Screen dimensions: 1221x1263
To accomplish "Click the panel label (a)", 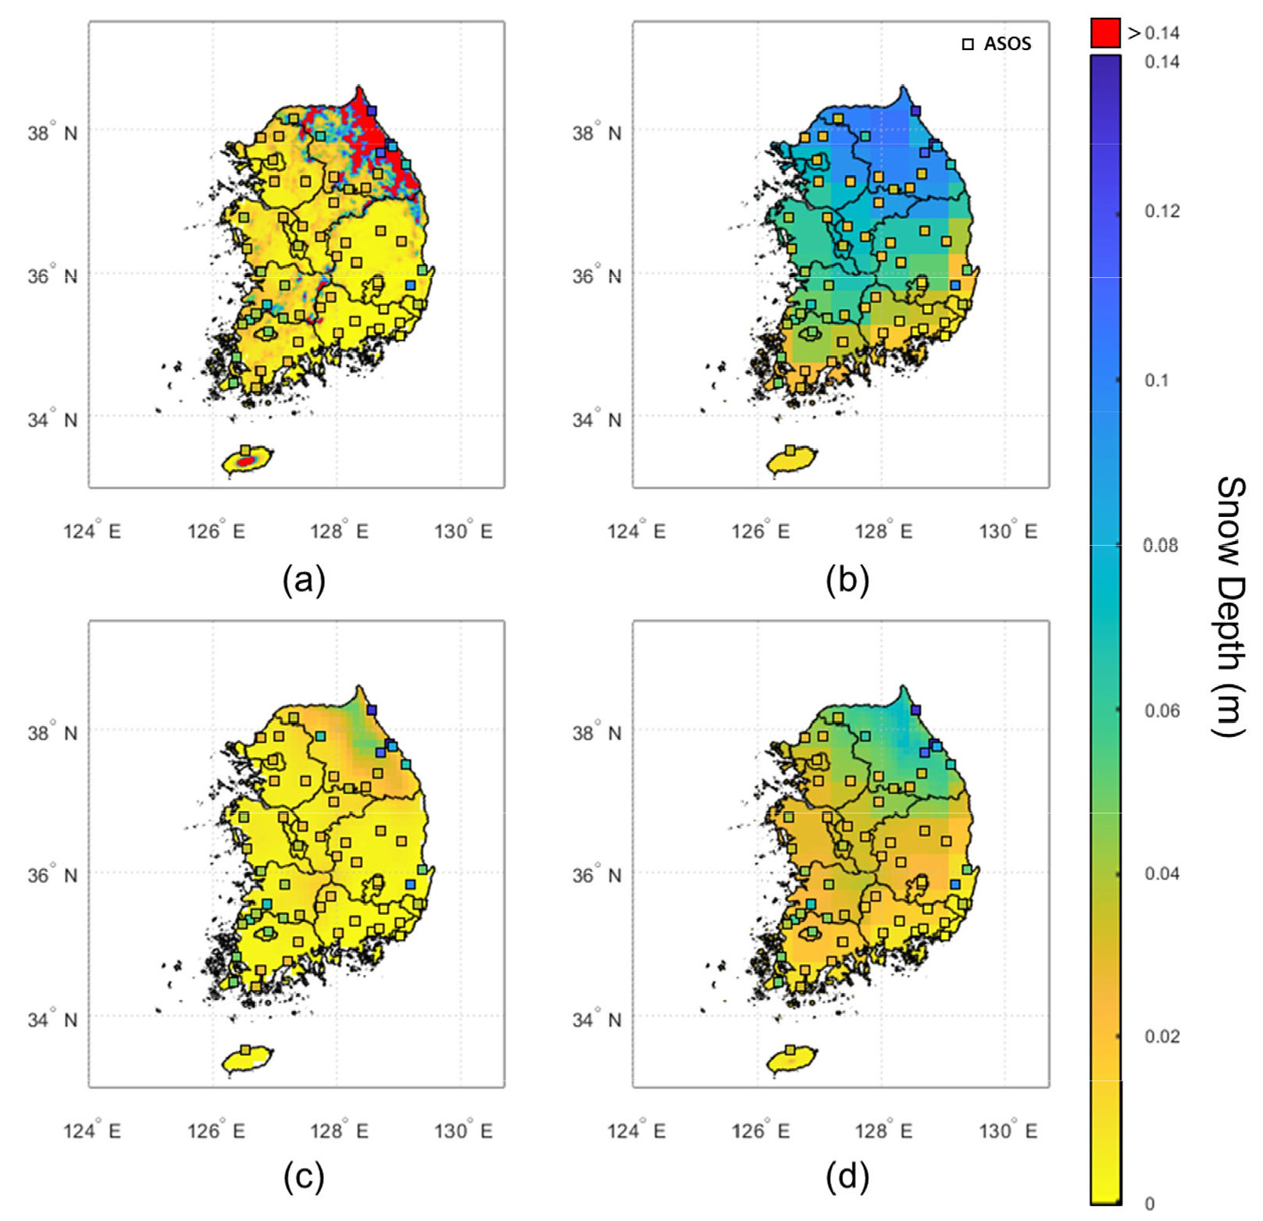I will [303, 580].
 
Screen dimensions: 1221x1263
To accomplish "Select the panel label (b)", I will [847, 580].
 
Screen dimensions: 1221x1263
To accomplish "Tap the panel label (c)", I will [303, 1177].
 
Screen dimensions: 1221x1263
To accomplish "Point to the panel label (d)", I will [847, 1177].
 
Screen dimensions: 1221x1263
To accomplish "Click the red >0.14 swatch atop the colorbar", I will [1105, 33].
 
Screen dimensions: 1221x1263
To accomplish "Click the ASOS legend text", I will [1007, 44].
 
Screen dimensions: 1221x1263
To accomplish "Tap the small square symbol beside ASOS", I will [968, 44].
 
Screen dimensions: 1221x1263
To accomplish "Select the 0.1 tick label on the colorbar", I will [1156, 380].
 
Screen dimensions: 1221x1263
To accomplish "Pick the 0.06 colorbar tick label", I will [1161, 710].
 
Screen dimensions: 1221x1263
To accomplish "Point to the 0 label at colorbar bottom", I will [1149, 1204].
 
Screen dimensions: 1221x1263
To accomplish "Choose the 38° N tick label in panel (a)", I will [52, 133].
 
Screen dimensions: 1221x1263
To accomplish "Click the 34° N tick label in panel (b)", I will [597, 420].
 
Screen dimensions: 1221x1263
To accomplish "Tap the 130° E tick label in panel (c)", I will [463, 1131].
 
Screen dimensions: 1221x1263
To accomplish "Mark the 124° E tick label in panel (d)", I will [637, 1131].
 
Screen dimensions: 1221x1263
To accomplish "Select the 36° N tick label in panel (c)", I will [52, 875].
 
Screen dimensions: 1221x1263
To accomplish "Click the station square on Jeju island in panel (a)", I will [245, 450].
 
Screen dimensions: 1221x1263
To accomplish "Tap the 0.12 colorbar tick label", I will [1161, 211].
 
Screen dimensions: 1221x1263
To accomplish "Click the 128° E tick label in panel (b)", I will [883, 532].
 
